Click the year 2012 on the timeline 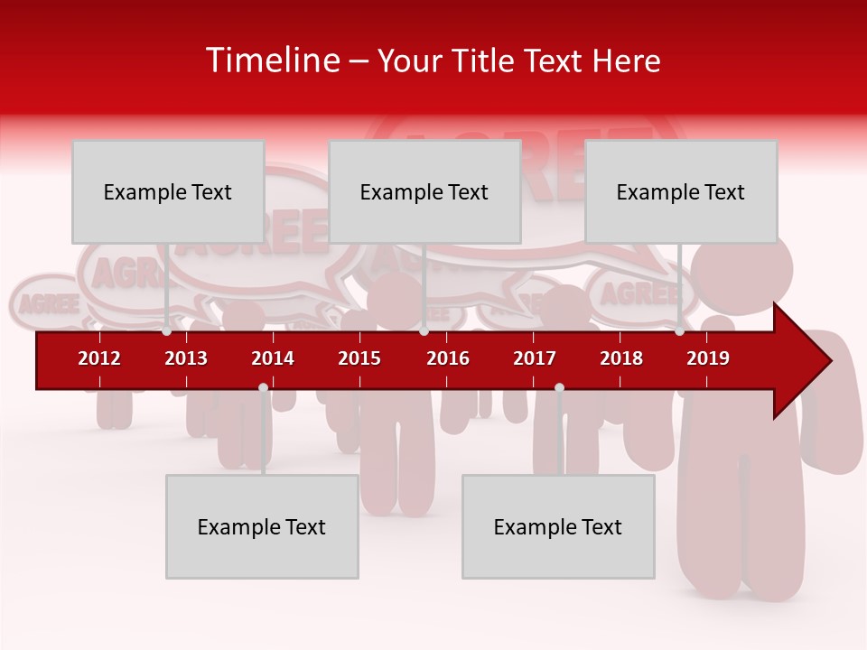pos(99,358)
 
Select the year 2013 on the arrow pos(186,358)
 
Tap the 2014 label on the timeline pos(273,358)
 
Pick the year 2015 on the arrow pos(359,358)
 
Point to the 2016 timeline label pos(448,358)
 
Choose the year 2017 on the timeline pos(535,358)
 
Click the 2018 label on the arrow pos(621,358)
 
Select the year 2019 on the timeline pos(708,358)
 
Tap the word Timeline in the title pos(270,60)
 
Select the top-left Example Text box pos(168,191)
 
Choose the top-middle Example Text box pos(424,191)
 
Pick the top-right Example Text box pos(681,191)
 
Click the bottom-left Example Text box pos(262,526)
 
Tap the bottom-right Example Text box pos(558,526)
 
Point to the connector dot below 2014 pos(263,387)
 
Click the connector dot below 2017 pos(559,387)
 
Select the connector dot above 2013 pos(167,331)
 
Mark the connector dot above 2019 pos(679,331)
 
